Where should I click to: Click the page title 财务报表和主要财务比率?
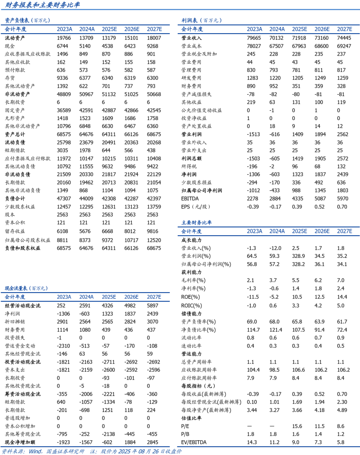tap(42, 5)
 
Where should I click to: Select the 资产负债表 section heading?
tap(17, 20)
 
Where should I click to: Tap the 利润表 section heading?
tap(189, 20)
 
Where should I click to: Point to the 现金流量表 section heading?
tap(17, 288)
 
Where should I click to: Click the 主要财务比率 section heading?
tap(196, 222)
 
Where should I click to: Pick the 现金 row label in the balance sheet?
tap(10, 46)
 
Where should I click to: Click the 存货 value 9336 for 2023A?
tap(62, 78)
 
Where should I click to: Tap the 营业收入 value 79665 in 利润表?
tap(254, 38)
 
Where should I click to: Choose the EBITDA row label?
tap(190, 198)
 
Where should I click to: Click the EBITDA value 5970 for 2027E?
tap(342, 198)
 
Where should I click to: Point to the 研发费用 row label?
tap(191, 78)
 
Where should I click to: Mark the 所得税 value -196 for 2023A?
tap(252, 166)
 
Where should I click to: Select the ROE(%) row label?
tap(191, 297)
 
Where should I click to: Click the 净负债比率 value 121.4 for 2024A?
tap(276, 330)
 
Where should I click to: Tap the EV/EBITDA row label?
tap(194, 442)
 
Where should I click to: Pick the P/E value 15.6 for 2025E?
tap(297, 426)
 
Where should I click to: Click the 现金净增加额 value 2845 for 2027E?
tap(153, 442)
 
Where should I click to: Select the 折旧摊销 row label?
tap(15, 322)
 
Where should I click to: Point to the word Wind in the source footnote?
tap(35, 451)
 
